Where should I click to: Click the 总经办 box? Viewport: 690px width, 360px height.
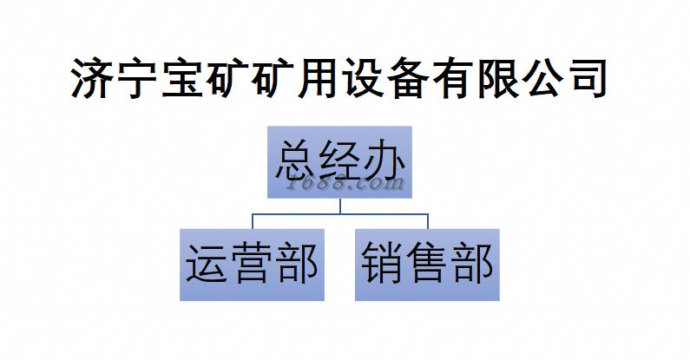tap(339, 163)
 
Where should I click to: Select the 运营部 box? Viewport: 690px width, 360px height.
tap(253, 265)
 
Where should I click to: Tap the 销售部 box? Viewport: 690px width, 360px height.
tap(427, 265)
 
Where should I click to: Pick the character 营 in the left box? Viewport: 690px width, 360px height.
tap(253, 265)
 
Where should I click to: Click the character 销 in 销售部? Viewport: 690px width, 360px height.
tap(382, 265)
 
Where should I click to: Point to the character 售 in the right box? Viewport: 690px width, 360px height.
tap(427, 265)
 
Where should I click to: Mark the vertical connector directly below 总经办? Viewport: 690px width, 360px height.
tap(340, 205)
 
